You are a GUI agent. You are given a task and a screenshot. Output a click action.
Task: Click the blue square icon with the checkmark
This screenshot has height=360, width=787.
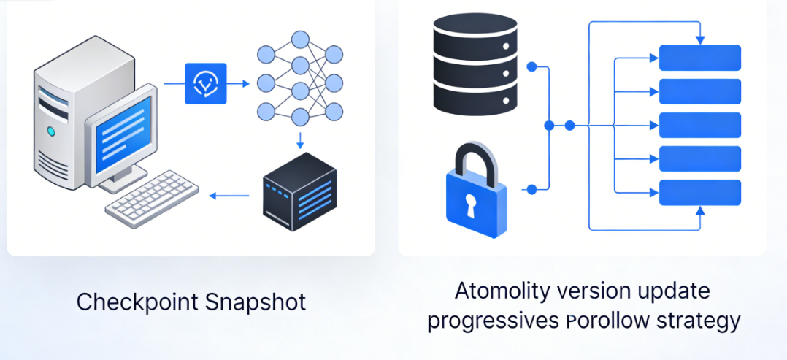(x=206, y=84)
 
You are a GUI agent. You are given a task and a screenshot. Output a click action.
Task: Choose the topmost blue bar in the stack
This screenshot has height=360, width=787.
(x=699, y=58)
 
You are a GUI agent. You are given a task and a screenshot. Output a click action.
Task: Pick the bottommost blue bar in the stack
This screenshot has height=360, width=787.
(x=699, y=192)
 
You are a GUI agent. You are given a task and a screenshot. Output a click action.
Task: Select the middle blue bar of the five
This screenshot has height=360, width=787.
(x=699, y=125)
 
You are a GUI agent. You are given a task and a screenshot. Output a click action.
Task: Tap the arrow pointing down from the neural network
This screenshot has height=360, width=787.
(x=299, y=140)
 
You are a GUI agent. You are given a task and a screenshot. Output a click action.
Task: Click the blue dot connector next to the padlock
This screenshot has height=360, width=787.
(x=531, y=189)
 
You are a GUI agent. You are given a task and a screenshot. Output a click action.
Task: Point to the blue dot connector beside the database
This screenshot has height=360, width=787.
(x=531, y=66)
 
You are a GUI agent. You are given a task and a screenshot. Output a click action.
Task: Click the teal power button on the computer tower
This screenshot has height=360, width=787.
(x=51, y=131)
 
